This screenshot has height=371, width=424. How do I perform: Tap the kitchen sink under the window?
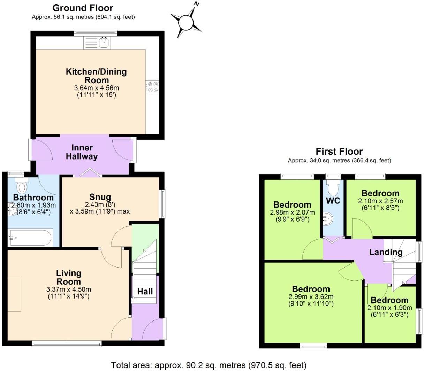[104, 43]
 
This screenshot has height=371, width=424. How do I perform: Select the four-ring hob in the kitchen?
[152, 87]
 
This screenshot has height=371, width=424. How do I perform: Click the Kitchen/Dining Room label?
[96, 76]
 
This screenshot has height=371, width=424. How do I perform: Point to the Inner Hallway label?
[82, 152]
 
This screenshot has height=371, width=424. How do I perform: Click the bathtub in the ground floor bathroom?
[30, 238]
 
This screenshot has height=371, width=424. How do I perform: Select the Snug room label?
[100, 197]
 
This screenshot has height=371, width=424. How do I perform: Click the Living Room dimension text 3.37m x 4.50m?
[69, 289]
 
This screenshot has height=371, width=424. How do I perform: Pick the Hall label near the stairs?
[145, 291]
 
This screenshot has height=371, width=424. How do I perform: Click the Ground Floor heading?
[83, 8]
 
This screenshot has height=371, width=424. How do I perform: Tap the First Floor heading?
[339, 152]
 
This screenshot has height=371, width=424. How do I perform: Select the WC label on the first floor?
[333, 201]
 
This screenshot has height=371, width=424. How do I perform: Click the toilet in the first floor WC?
[333, 188]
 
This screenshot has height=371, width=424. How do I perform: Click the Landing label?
[386, 252]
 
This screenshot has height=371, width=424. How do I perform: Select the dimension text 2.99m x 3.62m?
[311, 297]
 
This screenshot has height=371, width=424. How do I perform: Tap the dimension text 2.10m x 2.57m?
[380, 201]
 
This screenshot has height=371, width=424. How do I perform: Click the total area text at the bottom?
[209, 365]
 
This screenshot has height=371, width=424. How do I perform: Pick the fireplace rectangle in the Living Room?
[14, 295]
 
